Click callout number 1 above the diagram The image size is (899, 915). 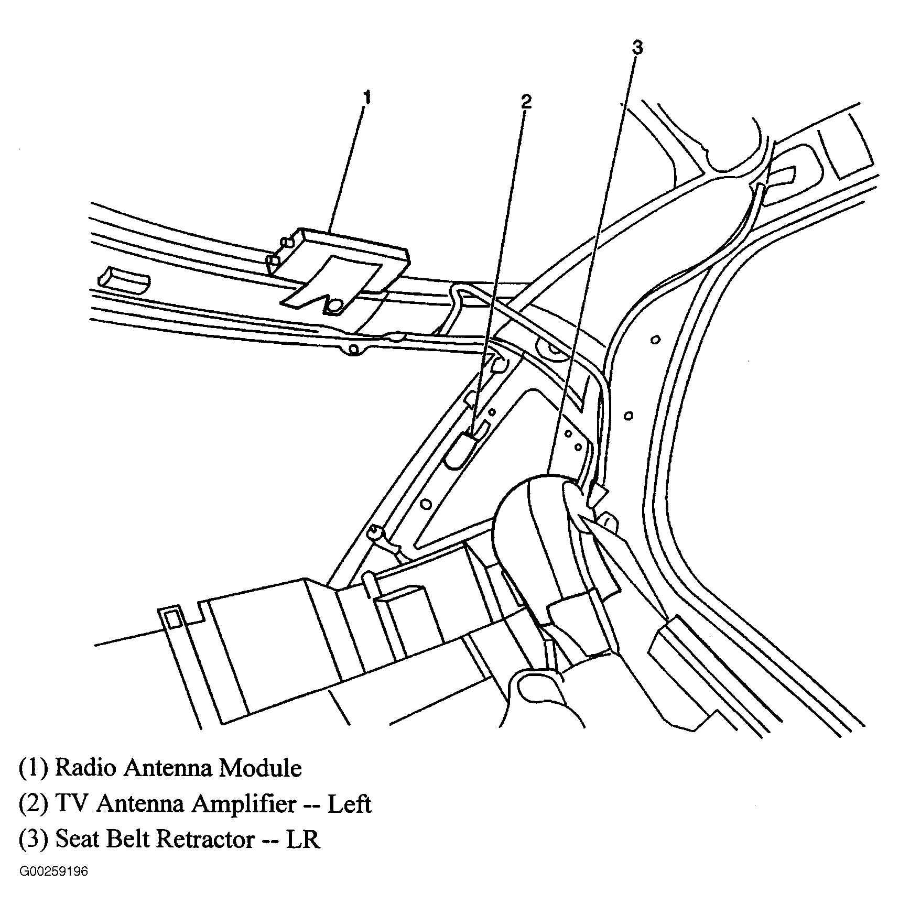click(367, 98)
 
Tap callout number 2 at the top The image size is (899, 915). click(526, 102)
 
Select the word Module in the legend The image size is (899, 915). click(261, 768)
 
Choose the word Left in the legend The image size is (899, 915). click(349, 804)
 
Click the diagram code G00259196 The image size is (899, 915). click(53, 873)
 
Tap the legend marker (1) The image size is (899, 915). click(33, 769)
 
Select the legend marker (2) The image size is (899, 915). click(33, 804)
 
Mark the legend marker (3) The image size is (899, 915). click(33, 840)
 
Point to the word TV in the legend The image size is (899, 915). click(70, 804)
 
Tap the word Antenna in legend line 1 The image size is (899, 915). click(168, 768)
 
